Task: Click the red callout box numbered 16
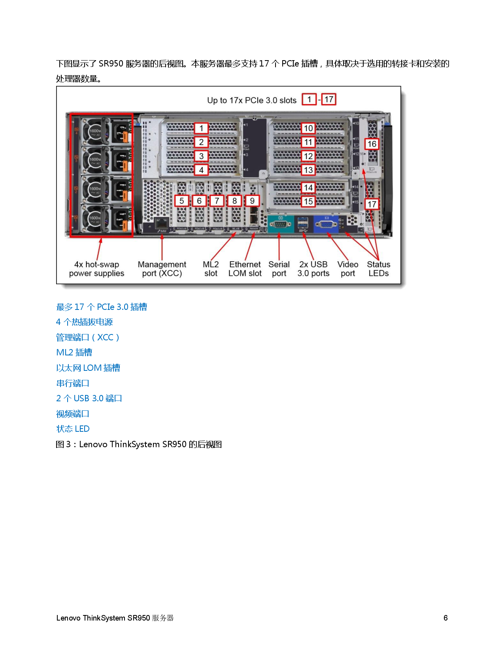click(372, 144)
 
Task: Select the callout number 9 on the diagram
click(252, 201)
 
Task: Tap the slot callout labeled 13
click(308, 170)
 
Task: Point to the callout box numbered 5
click(181, 201)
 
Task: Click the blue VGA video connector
click(325, 224)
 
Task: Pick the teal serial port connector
click(280, 224)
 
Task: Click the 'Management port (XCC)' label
click(162, 269)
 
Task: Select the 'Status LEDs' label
click(378, 269)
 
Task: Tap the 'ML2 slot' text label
click(211, 269)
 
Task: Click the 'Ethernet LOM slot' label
click(245, 269)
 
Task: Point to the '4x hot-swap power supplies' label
click(96, 269)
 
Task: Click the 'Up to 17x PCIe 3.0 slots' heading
click(252, 101)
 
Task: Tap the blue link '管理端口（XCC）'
click(87, 338)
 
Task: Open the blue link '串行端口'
click(73, 383)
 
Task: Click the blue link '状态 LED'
click(73, 429)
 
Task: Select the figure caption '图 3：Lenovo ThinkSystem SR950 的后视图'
click(138, 444)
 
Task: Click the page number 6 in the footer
click(445, 618)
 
